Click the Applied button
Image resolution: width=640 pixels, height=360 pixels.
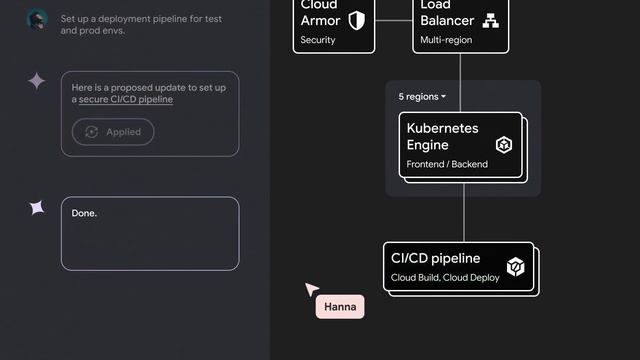pos(113,132)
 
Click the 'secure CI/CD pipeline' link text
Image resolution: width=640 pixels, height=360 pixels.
pos(126,100)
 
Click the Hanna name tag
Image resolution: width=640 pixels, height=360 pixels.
pos(340,307)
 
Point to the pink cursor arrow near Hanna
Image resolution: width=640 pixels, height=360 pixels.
pos(311,290)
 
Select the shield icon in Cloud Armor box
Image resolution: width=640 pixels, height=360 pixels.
pos(356,21)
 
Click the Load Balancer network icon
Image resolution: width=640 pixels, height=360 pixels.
pos(490,21)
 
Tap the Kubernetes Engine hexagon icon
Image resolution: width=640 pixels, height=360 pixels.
pos(505,145)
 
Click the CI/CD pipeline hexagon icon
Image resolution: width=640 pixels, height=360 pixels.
pos(515,267)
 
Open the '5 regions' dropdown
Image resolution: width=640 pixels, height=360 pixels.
pos(422,97)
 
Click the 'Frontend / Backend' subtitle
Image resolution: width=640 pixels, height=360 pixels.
pos(447,164)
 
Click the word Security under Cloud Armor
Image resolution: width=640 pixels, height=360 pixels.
pos(318,41)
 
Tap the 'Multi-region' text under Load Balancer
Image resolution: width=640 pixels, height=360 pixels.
pos(446,41)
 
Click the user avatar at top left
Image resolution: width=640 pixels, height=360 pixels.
pos(37,20)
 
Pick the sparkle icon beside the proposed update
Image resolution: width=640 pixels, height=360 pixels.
pos(37,82)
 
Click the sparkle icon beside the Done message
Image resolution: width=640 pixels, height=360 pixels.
pos(37,208)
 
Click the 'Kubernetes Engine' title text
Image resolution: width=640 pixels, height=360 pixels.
pos(442,137)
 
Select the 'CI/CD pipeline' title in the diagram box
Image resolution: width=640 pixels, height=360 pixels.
pos(435,258)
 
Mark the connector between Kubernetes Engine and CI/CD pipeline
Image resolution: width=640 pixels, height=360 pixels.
pos(463,212)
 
